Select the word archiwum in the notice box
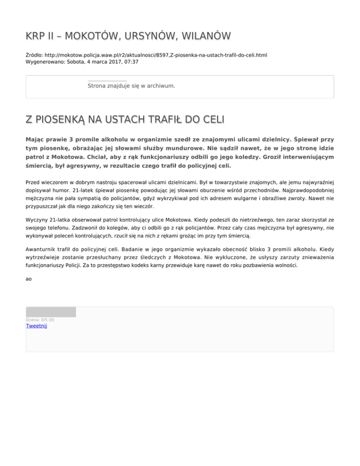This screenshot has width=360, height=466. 159,86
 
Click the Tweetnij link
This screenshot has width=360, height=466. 36,326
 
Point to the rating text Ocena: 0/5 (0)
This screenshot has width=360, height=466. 40,320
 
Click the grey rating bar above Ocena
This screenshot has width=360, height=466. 51,312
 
